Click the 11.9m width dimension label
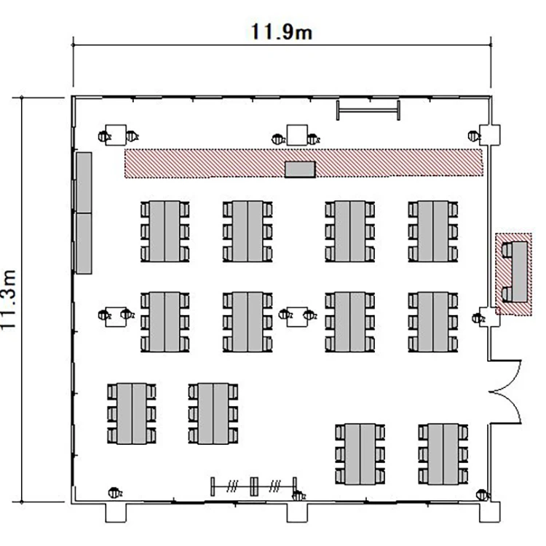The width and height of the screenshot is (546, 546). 281,32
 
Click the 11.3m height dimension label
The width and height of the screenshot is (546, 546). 8,299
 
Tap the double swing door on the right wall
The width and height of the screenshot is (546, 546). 505,392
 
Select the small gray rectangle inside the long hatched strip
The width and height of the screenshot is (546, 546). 300,169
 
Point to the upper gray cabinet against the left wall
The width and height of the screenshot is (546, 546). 84,183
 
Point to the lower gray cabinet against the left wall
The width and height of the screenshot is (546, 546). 84,243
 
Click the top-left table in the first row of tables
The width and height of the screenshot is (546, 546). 165,232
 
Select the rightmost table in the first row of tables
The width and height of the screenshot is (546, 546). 433,232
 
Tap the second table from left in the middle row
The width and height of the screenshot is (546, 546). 248,322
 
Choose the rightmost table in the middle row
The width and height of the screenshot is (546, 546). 433,322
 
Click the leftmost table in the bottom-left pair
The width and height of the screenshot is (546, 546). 131,414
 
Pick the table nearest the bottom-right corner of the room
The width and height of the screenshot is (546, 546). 443,454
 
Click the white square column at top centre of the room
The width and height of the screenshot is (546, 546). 297,135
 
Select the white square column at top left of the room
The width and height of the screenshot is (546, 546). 116,135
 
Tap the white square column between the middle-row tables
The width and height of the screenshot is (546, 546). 297,317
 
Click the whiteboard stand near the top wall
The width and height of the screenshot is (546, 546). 368,111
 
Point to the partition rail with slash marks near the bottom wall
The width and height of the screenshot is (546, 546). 254,486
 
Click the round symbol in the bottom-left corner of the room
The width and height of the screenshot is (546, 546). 114,493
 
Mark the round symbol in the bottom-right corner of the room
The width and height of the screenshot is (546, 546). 482,494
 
